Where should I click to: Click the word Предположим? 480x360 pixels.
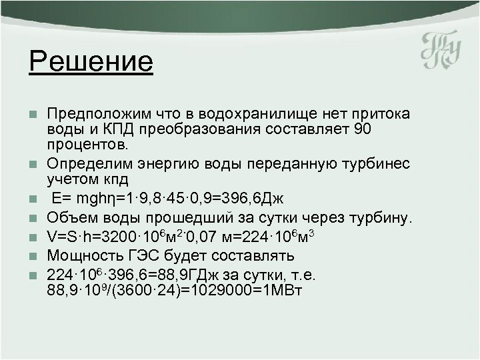pyautogui.click(x=101, y=112)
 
